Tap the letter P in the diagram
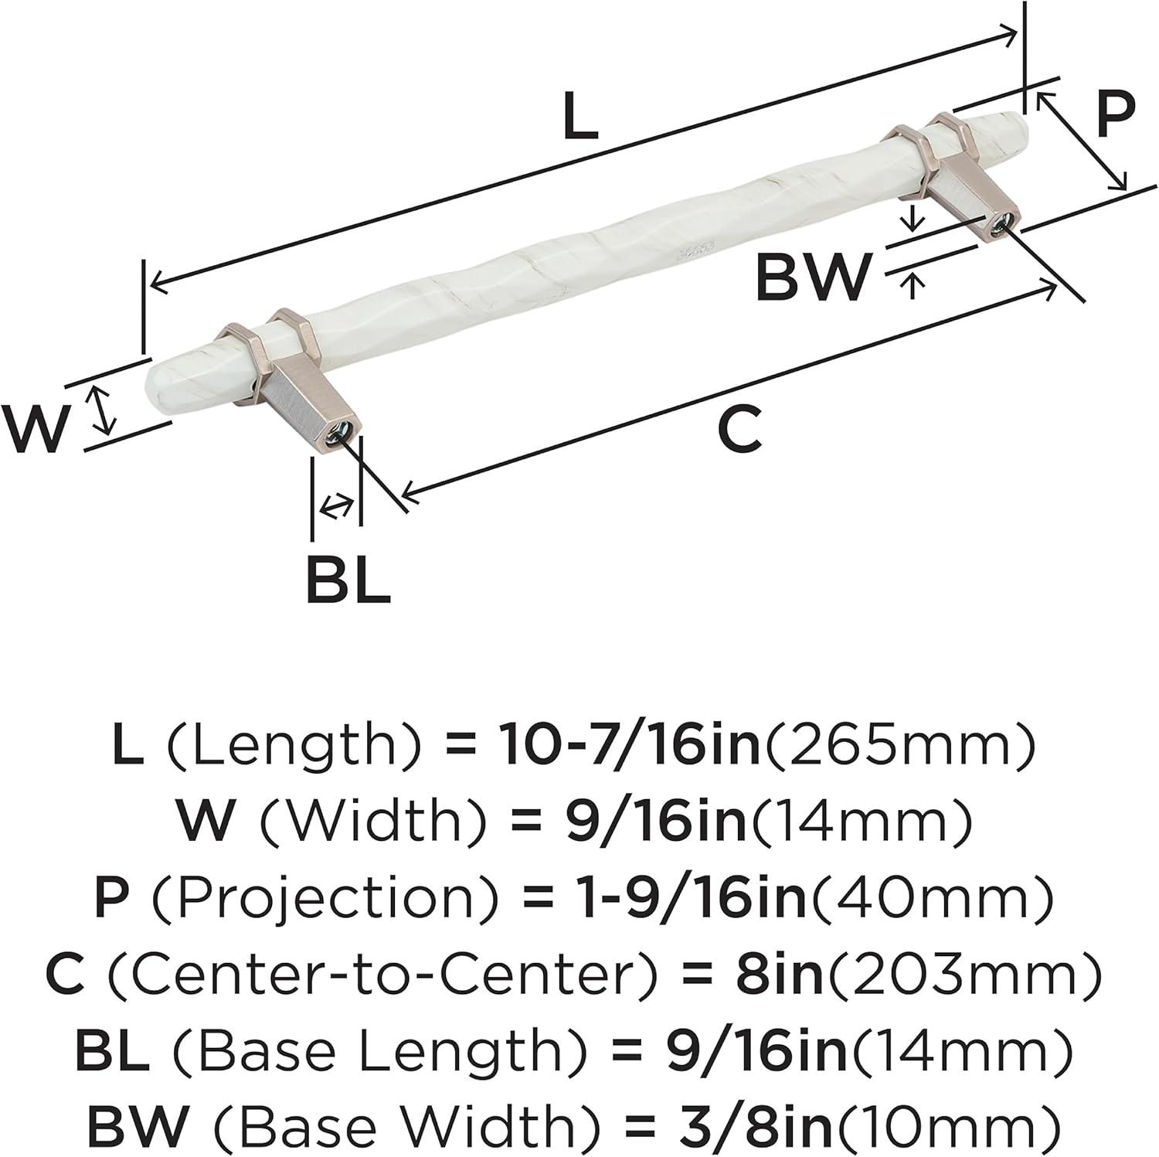(1115, 115)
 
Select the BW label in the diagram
(812, 277)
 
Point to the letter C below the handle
(739, 430)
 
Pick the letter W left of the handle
(35, 430)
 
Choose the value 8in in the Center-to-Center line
(778, 976)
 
